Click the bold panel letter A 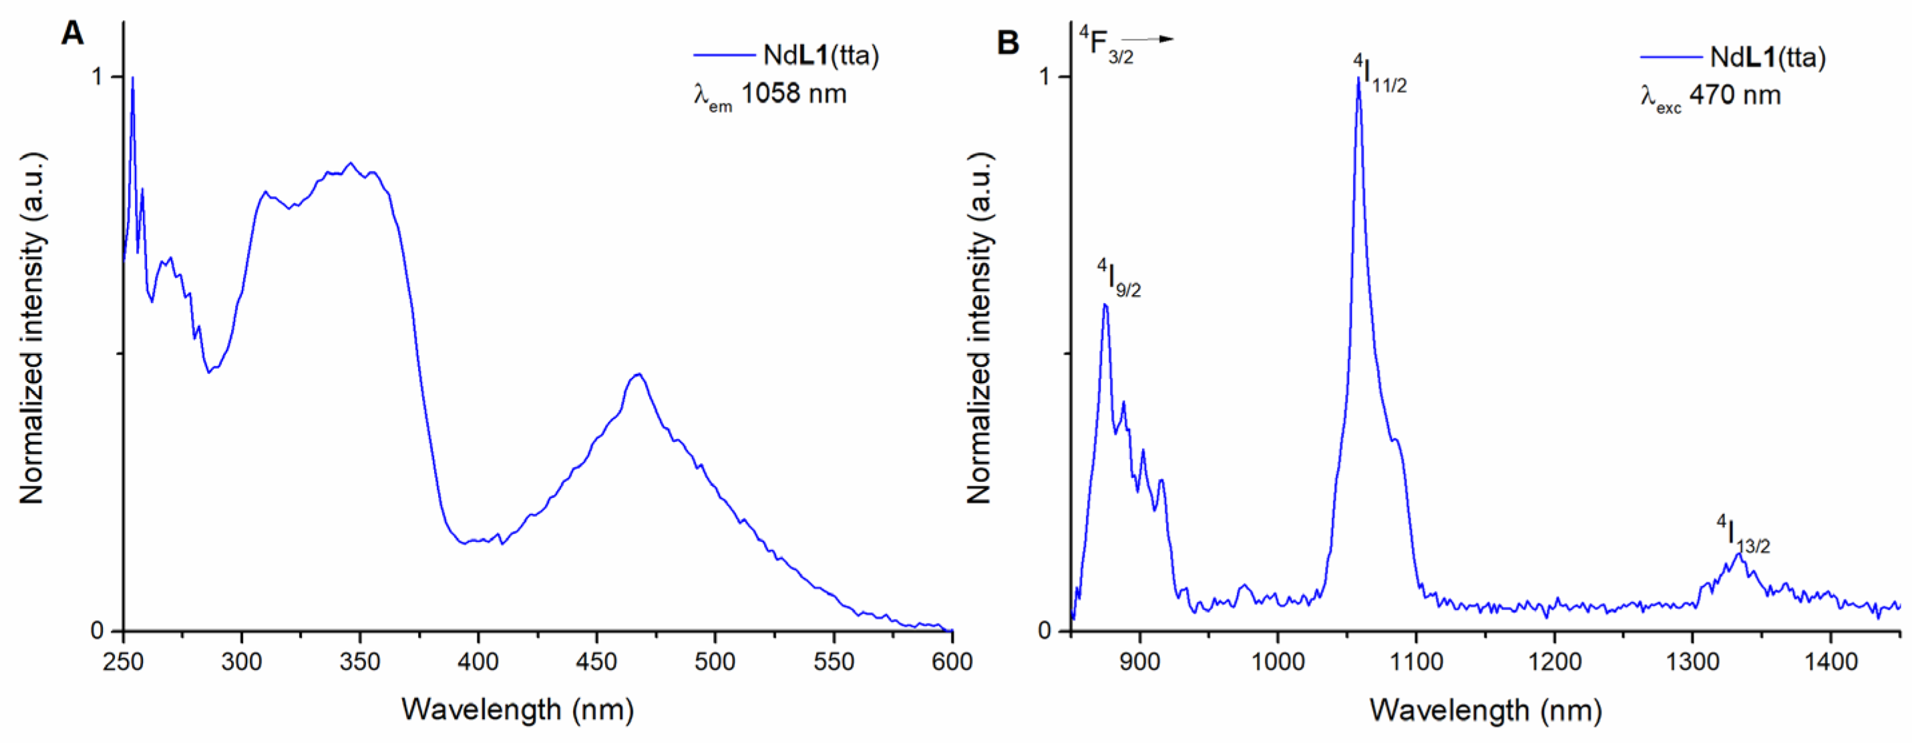tap(72, 33)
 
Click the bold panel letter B tap(1007, 43)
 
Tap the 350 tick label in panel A tap(360, 662)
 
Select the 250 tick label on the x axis tap(123, 662)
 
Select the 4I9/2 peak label tap(1119, 279)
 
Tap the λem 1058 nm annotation tap(770, 95)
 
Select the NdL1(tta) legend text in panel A tap(821, 55)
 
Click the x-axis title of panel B tap(1485, 710)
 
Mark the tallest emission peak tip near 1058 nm tap(1358, 78)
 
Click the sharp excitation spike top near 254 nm tap(133, 78)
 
